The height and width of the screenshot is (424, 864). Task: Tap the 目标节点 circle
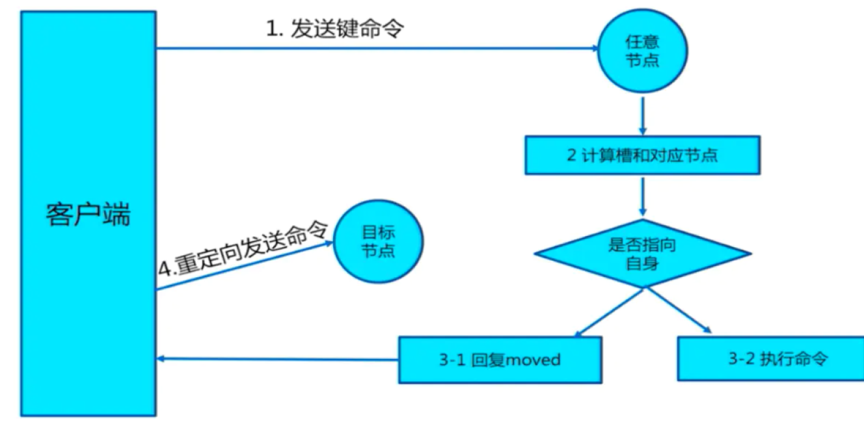click(x=378, y=241)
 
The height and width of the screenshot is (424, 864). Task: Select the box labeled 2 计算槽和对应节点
click(x=642, y=155)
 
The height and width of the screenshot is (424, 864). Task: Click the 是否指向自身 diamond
click(x=642, y=254)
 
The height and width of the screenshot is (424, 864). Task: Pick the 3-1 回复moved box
click(x=500, y=359)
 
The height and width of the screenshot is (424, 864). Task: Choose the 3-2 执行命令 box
click(x=770, y=358)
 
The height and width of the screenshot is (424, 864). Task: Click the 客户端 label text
click(x=88, y=214)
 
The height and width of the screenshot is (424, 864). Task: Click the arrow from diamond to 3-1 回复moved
click(x=609, y=313)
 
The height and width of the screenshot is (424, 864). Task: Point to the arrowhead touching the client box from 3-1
click(x=162, y=358)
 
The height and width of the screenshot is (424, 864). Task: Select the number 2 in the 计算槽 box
click(x=571, y=155)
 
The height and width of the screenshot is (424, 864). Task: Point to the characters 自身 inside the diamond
click(x=641, y=263)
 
